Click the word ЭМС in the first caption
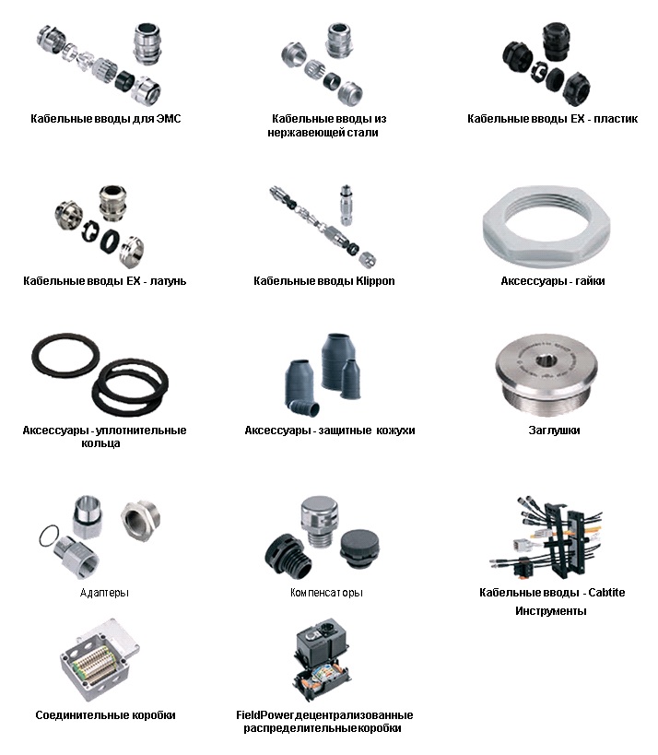[x=169, y=118]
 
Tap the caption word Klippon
[x=375, y=281]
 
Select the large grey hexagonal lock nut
[x=546, y=228]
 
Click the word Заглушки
[x=554, y=430]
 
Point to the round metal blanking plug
[x=546, y=374]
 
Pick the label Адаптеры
[x=104, y=593]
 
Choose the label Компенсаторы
[x=326, y=593]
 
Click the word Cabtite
[x=606, y=593]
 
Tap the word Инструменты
[x=551, y=611]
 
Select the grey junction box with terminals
[x=100, y=660]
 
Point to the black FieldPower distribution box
[x=323, y=659]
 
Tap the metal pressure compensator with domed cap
[x=319, y=520]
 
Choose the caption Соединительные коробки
[x=105, y=715]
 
